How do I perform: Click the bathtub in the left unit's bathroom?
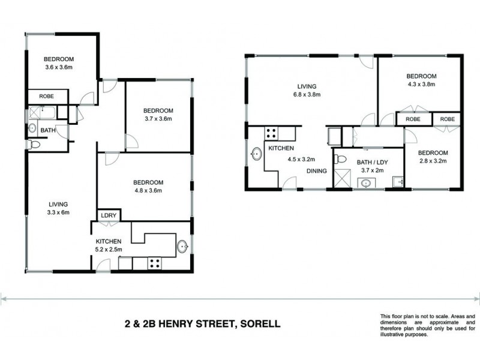click(40, 111)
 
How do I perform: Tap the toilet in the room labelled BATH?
click(34, 145)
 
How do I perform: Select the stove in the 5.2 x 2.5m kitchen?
click(154, 262)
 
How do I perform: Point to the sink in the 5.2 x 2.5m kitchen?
click(182, 245)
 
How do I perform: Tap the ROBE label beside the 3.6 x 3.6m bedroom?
click(47, 96)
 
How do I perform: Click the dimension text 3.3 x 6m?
click(58, 212)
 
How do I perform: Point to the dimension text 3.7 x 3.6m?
click(158, 119)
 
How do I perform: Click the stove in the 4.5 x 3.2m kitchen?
click(271, 133)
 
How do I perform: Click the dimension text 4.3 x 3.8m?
click(421, 85)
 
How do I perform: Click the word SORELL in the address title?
click(259, 325)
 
